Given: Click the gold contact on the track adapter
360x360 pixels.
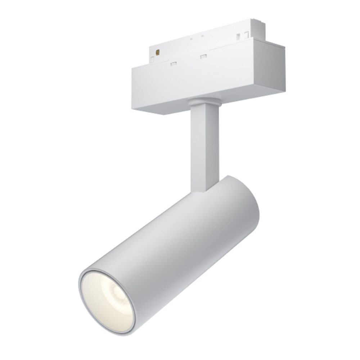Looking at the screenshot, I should [157, 52].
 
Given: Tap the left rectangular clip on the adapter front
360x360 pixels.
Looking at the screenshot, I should [174, 64].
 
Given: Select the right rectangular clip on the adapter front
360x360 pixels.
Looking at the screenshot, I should [203, 56].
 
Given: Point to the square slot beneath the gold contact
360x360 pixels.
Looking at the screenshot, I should [152, 60].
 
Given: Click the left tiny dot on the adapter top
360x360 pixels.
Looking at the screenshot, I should [191, 39].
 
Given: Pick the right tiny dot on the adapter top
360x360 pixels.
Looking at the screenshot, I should [202, 36].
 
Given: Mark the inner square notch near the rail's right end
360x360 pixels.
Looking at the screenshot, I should [238, 36].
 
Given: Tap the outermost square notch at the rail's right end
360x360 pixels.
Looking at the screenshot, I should [247, 35].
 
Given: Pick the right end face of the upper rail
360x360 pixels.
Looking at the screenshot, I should [258, 29].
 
